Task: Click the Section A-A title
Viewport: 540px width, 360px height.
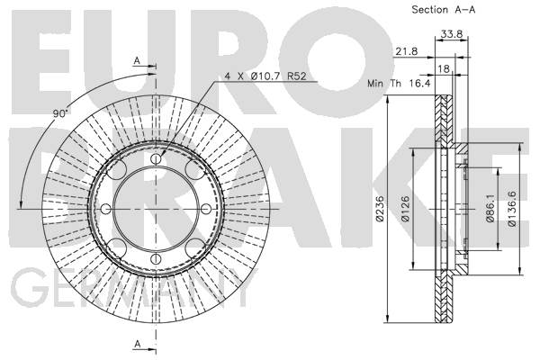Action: click(x=445, y=10)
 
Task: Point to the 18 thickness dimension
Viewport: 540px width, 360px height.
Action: click(x=443, y=68)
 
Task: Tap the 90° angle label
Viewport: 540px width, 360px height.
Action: click(x=60, y=115)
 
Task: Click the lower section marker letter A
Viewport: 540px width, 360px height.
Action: click(x=137, y=345)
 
